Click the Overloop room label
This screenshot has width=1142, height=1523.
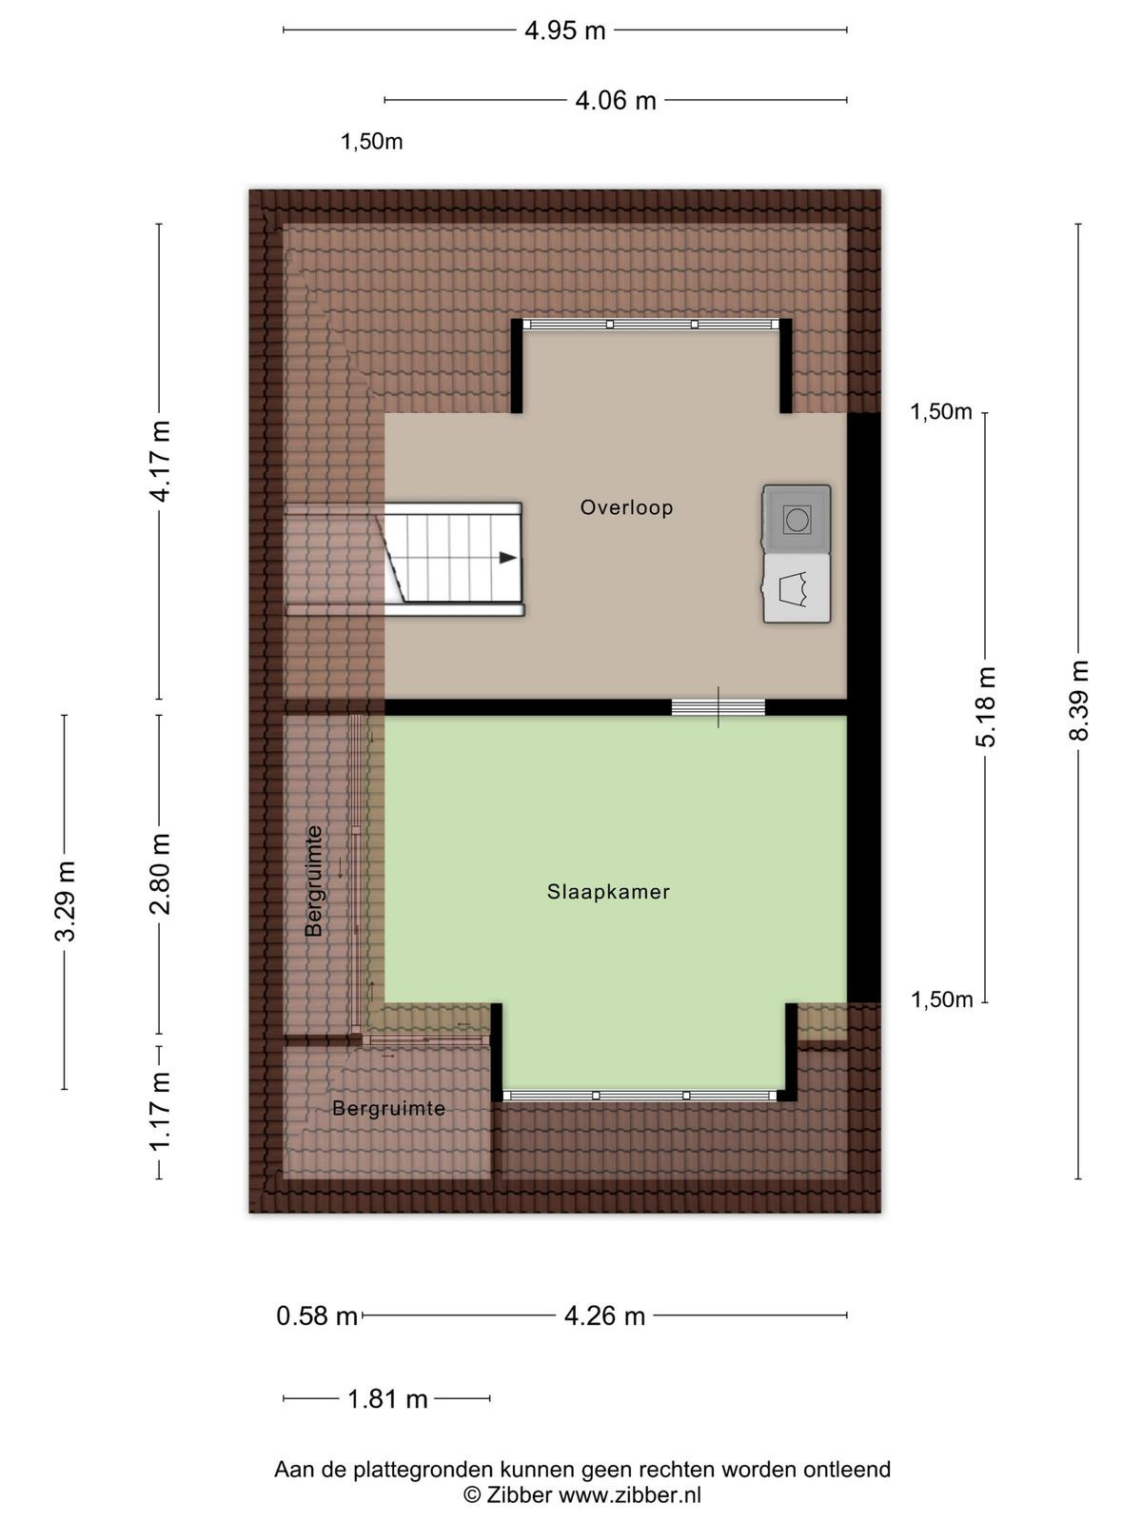(x=626, y=507)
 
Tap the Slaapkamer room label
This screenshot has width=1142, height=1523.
(x=608, y=892)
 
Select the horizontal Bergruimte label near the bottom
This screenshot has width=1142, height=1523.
(x=388, y=1108)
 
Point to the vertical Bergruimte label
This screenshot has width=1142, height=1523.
(x=314, y=880)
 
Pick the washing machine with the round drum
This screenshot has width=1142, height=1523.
(x=797, y=519)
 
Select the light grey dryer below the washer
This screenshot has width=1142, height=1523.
(x=797, y=588)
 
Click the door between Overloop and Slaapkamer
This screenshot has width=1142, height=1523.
(x=719, y=707)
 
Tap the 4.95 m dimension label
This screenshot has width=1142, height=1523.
(x=564, y=31)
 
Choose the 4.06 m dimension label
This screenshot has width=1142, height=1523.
(x=616, y=101)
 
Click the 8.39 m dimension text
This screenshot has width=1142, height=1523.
(x=1079, y=701)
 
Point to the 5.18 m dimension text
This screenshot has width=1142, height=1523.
(x=985, y=706)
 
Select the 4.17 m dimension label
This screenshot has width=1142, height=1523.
(x=160, y=462)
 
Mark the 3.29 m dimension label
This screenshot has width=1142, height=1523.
(x=65, y=900)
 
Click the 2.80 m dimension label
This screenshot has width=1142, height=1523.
(x=160, y=874)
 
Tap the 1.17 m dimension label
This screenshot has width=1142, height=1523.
(x=160, y=1112)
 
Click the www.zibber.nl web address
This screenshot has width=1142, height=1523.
(x=630, y=1494)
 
